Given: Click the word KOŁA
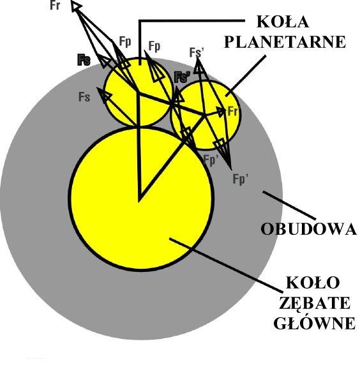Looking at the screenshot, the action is click(x=283, y=22).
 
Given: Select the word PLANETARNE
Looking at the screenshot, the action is click(x=285, y=42).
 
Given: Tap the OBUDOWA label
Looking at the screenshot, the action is click(x=309, y=229).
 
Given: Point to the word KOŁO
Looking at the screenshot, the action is click(x=313, y=283).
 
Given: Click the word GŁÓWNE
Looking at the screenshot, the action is click(x=315, y=323).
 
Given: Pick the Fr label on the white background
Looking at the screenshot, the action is click(x=55, y=5).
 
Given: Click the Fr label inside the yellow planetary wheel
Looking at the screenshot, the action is click(x=232, y=111).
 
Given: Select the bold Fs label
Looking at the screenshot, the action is click(x=84, y=60).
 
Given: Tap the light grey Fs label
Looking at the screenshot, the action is click(x=84, y=97).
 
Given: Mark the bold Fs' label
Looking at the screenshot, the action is click(x=183, y=77).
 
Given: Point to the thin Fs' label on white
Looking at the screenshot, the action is click(x=197, y=52).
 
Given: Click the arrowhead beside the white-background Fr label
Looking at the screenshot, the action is click(x=76, y=6).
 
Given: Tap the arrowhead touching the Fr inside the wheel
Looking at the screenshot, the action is click(x=221, y=112).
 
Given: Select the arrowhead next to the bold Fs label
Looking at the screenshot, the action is click(x=105, y=62).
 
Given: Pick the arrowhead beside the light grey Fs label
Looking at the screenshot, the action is click(x=104, y=94).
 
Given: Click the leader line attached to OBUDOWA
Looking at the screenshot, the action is click(x=290, y=205).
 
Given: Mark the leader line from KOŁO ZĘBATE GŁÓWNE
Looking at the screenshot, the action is click(x=226, y=265).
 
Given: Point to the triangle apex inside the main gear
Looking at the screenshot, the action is click(x=139, y=201).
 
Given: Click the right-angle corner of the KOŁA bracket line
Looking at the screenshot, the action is click(x=140, y=21).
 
